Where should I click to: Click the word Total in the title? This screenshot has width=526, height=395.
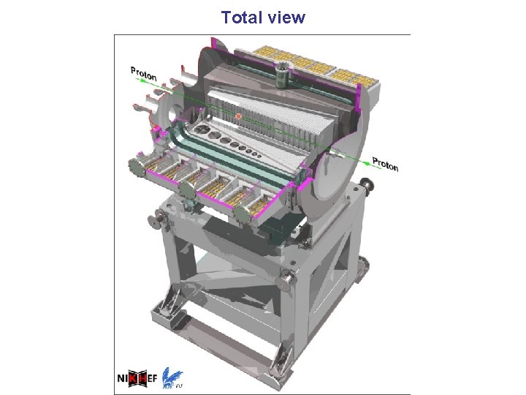[x=241, y=18]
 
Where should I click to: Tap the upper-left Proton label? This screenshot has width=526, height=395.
[x=144, y=74]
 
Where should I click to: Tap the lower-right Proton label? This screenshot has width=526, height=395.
[x=386, y=164]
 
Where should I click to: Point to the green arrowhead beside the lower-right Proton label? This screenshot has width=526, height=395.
[x=367, y=163]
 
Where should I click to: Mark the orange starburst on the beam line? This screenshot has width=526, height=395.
[x=238, y=116]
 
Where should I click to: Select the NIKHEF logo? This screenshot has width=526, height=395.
[x=137, y=379]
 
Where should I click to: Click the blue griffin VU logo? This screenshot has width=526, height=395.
[x=172, y=377]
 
